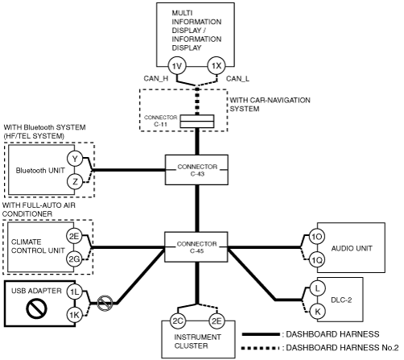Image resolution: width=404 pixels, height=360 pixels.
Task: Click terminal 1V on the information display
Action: pos(177,66)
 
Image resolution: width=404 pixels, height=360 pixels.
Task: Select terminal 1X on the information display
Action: pos(216,66)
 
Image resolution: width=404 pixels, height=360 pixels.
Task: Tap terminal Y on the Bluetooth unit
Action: pos(75,159)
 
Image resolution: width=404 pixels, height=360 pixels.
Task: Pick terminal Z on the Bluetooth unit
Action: pos(75,181)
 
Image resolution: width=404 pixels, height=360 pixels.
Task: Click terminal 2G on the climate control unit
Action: pos(74,259)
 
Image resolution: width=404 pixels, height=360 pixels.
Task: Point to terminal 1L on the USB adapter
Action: pos(74,292)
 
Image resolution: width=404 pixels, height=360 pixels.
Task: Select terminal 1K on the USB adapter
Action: pos(74,315)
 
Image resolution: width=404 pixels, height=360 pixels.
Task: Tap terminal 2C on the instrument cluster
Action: pos(178,321)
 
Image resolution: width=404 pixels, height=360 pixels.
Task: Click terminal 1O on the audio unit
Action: pos(317,237)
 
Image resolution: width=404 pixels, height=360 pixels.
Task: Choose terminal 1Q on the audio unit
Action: pos(317,259)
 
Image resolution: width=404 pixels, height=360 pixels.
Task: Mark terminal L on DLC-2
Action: pos(318,288)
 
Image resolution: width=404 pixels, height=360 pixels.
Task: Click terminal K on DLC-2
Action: pos(318,312)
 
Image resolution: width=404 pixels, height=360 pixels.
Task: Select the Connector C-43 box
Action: pos(196,170)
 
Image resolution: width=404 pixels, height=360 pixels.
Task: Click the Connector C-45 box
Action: pos(196,247)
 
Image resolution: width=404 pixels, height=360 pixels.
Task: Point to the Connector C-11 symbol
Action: pos(197,122)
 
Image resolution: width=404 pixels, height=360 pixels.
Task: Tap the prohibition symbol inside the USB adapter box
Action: pos(37,308)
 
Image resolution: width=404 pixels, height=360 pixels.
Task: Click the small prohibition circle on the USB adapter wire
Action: pos(105,304)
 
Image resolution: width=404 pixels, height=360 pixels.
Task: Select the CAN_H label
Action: pos(156,79)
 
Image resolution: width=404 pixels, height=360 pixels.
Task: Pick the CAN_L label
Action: pos(237,79)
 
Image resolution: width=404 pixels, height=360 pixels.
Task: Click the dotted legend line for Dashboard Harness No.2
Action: pos(259,349)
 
